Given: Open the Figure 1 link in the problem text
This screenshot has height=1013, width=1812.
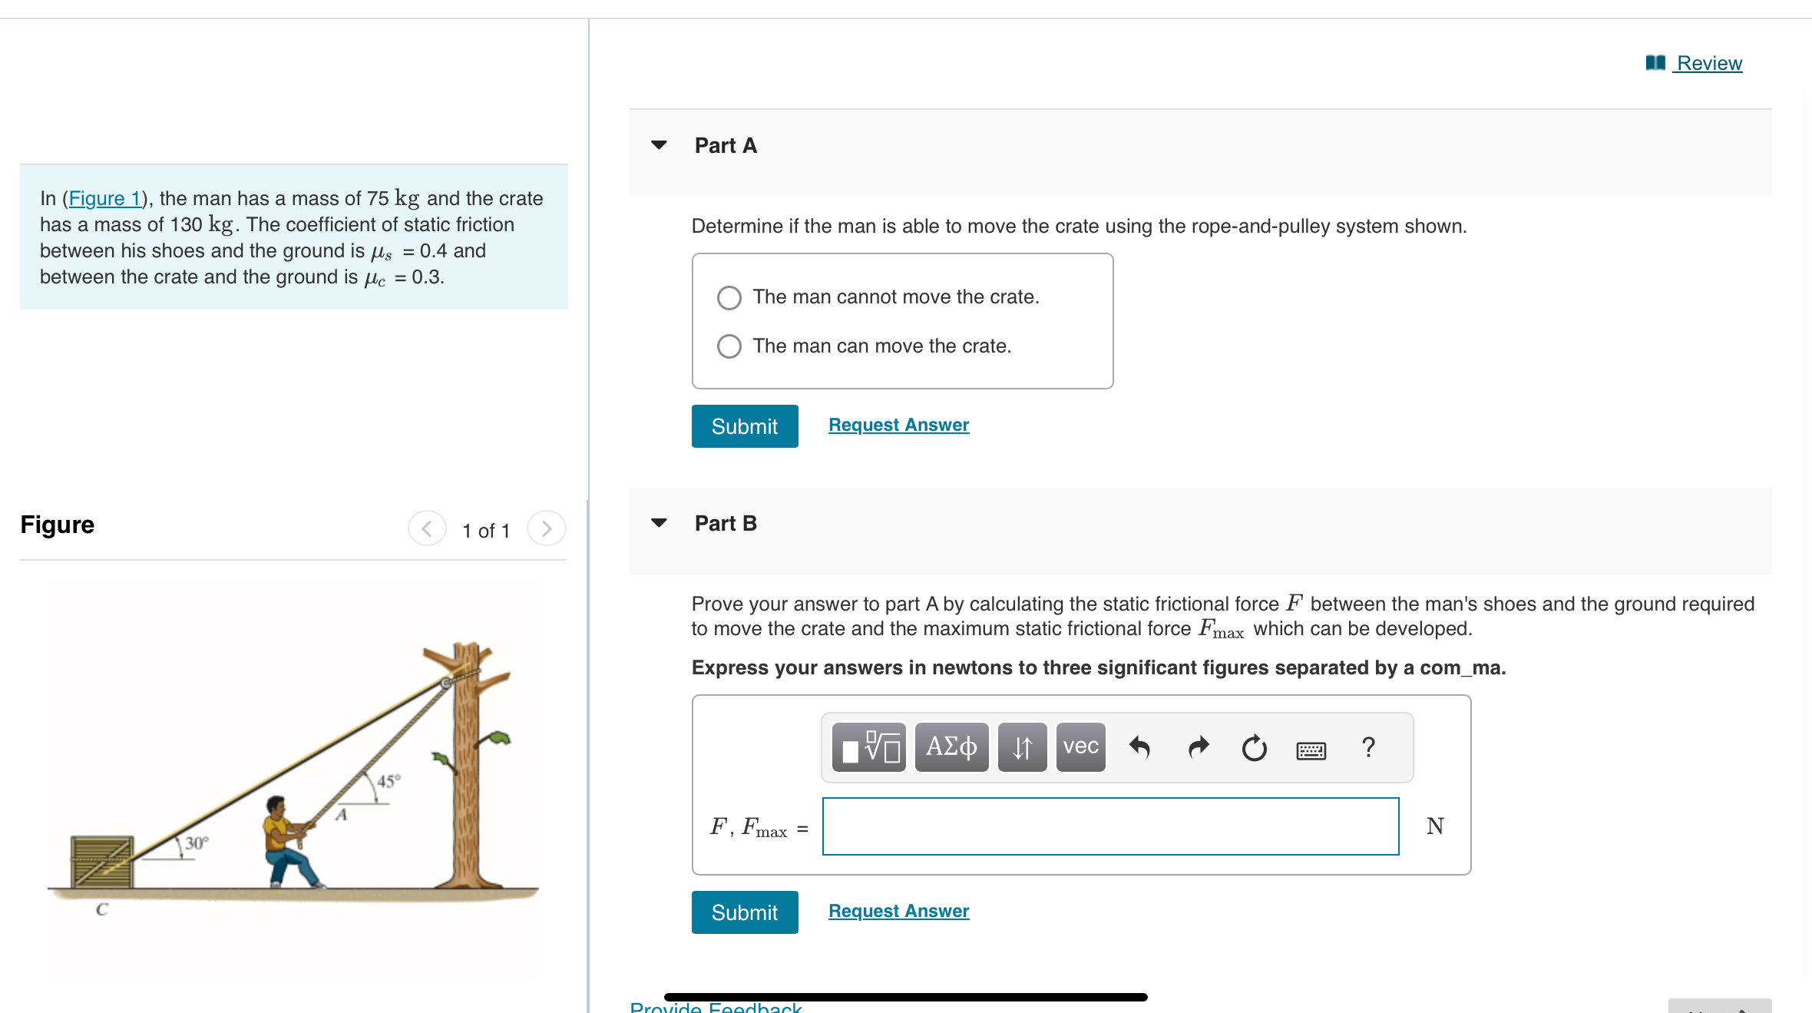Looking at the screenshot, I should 105,198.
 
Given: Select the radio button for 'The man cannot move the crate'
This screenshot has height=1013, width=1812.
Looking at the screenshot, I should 729,297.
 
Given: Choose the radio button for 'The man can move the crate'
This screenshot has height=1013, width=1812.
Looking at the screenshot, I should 729,346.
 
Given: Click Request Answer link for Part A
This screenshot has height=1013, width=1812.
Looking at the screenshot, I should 898,425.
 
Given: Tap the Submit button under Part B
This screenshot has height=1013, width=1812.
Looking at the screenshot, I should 744,912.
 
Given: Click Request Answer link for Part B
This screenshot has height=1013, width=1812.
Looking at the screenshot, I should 898,911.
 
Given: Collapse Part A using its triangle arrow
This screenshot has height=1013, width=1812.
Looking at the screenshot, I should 659,145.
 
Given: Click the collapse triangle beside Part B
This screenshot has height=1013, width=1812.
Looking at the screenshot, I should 659,523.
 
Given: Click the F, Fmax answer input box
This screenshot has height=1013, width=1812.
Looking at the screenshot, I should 1109,826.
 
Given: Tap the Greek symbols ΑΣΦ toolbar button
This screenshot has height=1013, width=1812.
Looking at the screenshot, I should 951,747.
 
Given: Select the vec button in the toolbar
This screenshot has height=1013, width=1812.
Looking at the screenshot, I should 1080,747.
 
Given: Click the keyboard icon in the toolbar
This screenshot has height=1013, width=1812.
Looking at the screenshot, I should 1311,749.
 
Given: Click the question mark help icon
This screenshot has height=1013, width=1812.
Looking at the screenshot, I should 1368,747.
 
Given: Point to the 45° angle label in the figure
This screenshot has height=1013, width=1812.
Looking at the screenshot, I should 389,781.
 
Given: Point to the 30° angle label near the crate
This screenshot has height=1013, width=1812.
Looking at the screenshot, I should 197,843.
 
